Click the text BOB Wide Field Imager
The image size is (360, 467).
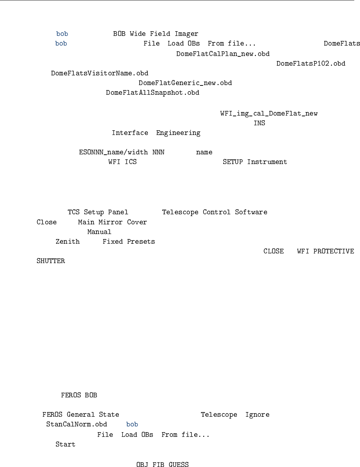(x=155, y=34)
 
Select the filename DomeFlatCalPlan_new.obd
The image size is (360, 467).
(x=223, y=54)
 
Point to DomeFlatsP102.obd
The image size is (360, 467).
(x=310, y=64)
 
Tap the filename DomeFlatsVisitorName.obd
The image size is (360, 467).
(x=99, y=73)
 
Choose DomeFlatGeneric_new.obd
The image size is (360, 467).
(x=185, y=83)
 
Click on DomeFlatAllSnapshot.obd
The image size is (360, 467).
(x=153, y=93)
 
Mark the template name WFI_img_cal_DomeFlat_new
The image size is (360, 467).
(x=269, y=113)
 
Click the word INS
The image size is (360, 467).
(x=259, y=123)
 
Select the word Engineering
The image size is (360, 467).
(x=178, y=133)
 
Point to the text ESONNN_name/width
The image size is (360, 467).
(x=113, y=152)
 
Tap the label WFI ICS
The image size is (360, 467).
(x=122, y=162)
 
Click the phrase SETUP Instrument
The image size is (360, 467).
(x=254, y=162)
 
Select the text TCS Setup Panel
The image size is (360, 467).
(x=98, y=212)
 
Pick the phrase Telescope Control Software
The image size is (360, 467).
(x=214, y=212)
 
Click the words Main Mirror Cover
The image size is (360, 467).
(x=112, y=222)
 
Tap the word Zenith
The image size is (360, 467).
(x=67, y=242)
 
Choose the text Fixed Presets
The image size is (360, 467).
(x=128, y=242)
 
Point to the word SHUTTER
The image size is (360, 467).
(x=51, y=261)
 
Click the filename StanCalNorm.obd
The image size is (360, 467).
(x=76, y=424)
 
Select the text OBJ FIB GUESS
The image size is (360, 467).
(x=162, y=464)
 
